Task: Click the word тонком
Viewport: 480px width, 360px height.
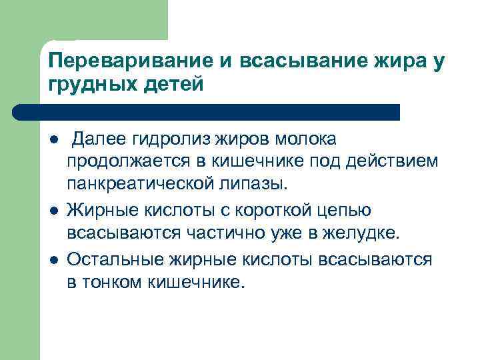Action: (x=114, y=281)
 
